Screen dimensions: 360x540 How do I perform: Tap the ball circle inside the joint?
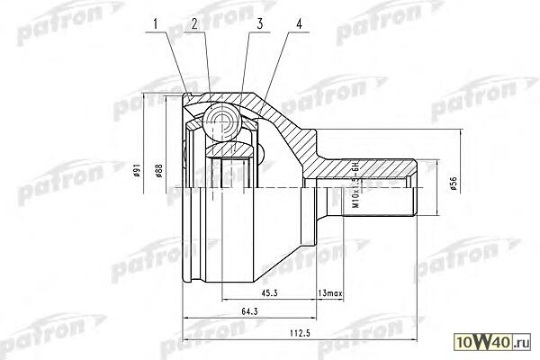pos(220,120)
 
